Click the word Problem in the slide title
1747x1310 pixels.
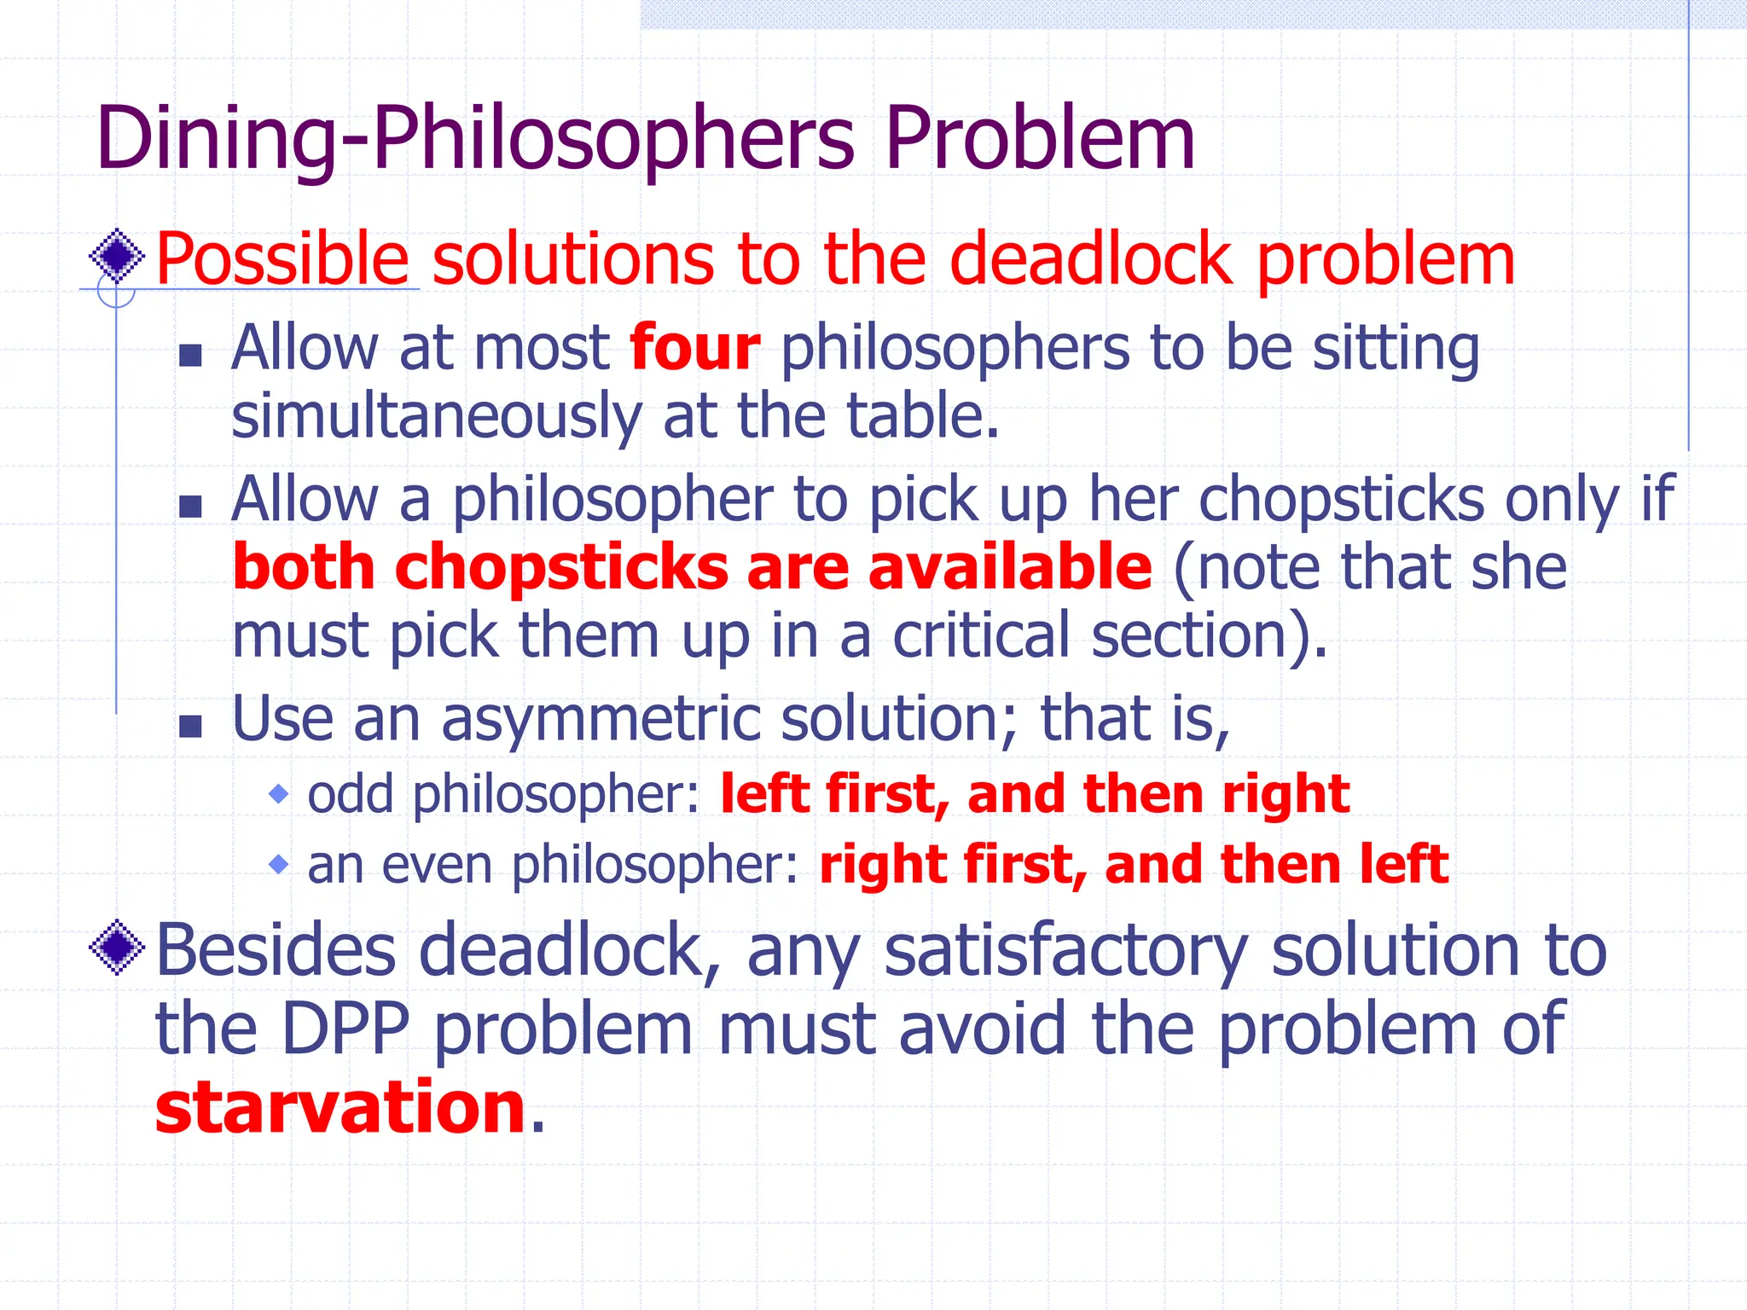click(1039, 138)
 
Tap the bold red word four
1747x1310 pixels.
click(694, 349)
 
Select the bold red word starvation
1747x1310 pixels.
click(340, 1108)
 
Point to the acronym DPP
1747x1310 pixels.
click(345, 1029)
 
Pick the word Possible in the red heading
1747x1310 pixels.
click(282, 260)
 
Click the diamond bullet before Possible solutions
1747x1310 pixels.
click(117, 256)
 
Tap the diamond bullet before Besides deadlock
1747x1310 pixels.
click(117, 947)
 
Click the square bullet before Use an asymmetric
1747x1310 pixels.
click(191, 726)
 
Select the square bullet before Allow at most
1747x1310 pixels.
click(191, 355)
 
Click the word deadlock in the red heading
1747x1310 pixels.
click(1091, 260)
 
